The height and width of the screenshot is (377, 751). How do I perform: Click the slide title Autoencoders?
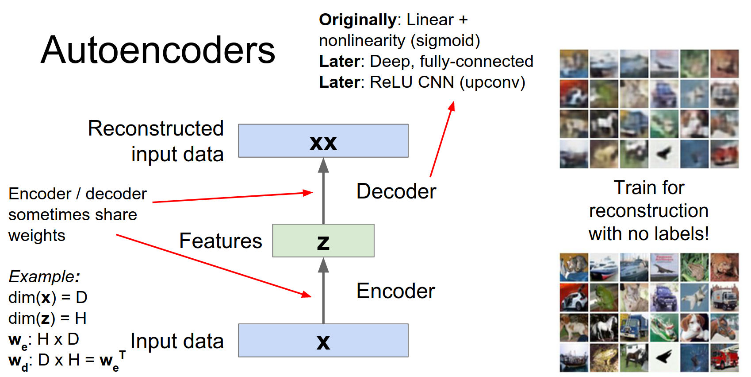pyautogui.click(x=158, y=50)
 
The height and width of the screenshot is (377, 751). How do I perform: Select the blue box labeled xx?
pyautogui.click(x=323, y=141)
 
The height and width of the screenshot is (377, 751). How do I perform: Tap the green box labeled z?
pyautogui.click(x=323, y=241)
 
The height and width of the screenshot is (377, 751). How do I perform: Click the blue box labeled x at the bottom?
pyautogui.click(x=323, y=340)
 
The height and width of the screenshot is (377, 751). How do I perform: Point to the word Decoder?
pyautogui.click(x=396, y=191)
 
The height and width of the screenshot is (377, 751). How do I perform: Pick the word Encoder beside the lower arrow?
pyautogui.click(x=396, y=291)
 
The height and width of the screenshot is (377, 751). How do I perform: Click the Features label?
pyautogui.click(x=220, y=241)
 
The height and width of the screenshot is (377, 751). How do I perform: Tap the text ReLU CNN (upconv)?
pyautogui.click(x=447, y=82)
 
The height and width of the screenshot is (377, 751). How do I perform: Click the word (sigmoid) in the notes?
pyautogui.click(x=445, y=41)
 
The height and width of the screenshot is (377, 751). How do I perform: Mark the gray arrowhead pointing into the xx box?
pyautogui.click(x=323, y=165)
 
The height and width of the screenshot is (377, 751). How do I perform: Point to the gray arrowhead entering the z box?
pyautogui.click(x=323, y=265)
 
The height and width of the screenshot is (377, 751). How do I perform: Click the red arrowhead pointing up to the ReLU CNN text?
pyautogui.click(x=452, y=106)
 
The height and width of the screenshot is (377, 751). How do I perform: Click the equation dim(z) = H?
pyautogui.click(x=47, y=318)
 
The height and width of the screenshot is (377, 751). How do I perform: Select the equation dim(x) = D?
pyautogui.click(x=48, y=297)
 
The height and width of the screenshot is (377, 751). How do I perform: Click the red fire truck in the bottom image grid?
pyautogui.click(x=724, y=358)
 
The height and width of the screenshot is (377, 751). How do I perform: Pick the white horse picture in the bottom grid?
pyautogui.click(x=604, y=327)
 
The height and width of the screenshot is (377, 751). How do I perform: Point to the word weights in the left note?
pyautogui.click(x=37, y=235)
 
